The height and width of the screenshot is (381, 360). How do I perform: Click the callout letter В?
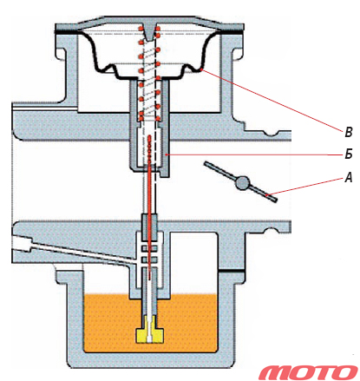click(349, 132)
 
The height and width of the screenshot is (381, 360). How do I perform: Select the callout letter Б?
click(349, 154)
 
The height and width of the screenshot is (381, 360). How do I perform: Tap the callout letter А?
click(349, 177)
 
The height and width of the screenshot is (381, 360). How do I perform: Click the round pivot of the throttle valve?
click(242, 183)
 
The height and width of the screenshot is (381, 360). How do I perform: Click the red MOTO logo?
click(308, 372)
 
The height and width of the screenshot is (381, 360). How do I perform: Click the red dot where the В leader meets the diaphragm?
click(202, 69)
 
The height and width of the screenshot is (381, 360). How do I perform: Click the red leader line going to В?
click(273, 99)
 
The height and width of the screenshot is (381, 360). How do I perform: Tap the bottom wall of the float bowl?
click(150, 360)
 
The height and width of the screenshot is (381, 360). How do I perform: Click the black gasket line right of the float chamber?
click(232, 271)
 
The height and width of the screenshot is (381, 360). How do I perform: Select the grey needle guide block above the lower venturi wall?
click(149, 227)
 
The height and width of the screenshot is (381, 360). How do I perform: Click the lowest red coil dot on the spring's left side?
click(141, 118)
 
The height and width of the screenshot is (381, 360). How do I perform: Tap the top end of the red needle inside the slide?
click(149, 136)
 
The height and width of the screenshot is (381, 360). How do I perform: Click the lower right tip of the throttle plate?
click(275, 200)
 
